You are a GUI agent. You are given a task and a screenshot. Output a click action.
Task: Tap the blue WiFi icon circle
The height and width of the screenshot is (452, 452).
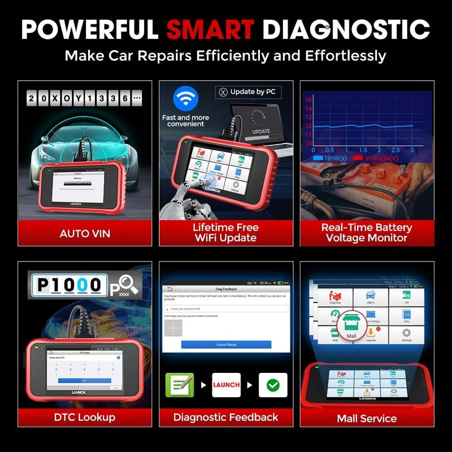tap(181, 98)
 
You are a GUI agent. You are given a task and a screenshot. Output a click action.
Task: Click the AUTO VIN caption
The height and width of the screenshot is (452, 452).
tap(85, 233)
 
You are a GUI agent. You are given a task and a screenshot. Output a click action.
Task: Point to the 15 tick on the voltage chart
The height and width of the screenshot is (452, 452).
tap(308, 99)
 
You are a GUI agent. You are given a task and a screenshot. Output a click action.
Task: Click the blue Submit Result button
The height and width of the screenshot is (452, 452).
tap(226, 344)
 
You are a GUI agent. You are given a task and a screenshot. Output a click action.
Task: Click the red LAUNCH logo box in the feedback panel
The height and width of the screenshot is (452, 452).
tap(226, 385)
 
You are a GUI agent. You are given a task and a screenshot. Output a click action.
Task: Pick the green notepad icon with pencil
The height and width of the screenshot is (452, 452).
tap(179, 385)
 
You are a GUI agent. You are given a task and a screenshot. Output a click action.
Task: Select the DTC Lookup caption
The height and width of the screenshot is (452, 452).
tap(85, 417)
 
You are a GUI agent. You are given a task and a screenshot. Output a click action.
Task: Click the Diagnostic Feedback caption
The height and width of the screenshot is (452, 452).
tap(226, 417)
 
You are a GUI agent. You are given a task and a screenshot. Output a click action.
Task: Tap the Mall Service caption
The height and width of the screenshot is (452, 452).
tap(367, 418)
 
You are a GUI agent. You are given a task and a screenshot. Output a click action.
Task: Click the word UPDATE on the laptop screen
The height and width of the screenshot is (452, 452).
tap(261, 131)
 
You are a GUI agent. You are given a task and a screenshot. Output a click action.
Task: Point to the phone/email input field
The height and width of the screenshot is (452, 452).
tap(226, 308)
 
